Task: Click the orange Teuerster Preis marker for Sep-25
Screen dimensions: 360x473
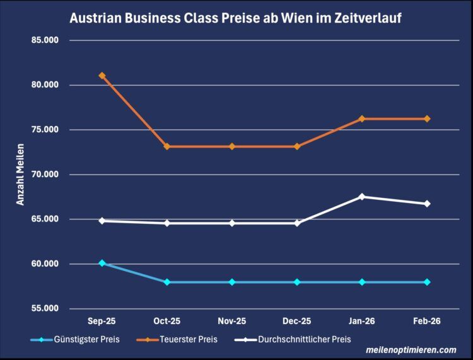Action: pos(102,76)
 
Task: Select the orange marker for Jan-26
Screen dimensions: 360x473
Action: pos(362,119)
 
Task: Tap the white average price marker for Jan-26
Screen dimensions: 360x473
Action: pos(362,197)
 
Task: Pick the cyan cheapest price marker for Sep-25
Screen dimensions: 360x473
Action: pos(102,263)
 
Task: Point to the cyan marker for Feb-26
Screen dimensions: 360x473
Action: pos(427,282)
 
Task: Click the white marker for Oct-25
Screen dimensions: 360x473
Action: pos(167,223)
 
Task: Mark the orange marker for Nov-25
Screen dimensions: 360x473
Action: pos(232,146)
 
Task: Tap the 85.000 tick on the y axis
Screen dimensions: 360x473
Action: pos(44,40)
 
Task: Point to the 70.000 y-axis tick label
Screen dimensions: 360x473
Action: pos(44,175)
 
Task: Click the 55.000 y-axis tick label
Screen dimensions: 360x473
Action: pos(44,308)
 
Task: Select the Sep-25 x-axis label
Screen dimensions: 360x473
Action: pos(102,322)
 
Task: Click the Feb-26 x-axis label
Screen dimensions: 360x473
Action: pos(427,322)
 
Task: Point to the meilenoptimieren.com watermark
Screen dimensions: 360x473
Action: pos(411,350)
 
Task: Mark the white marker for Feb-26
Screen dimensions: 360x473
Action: pos(427,204)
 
